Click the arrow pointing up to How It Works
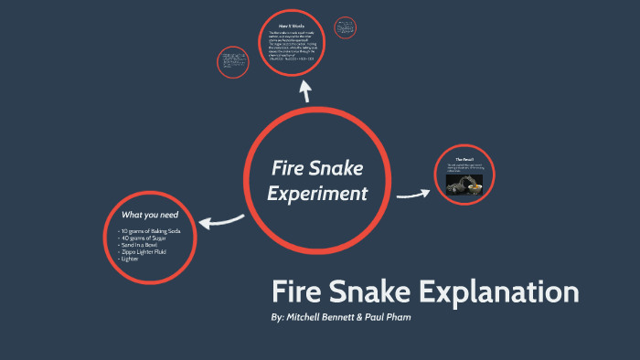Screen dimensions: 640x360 click(304, 90)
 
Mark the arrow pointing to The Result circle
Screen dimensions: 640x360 click(413, 193)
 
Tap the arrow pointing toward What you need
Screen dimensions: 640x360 click(220, 219)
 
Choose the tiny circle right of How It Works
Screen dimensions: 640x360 click(347, 27)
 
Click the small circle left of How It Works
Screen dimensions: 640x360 click(232, 62)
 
